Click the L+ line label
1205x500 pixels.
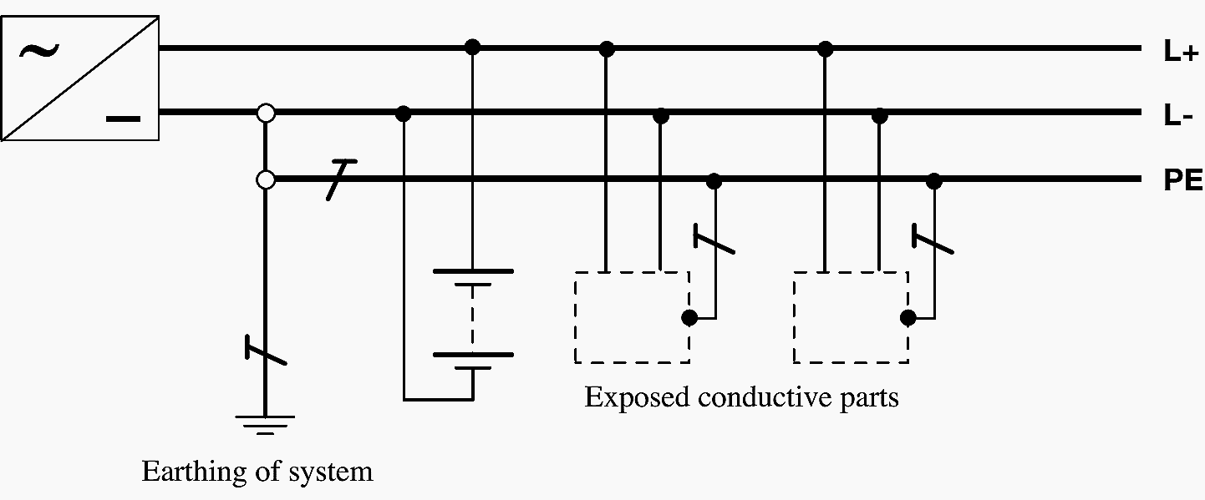1181,52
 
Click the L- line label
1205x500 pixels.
1177,117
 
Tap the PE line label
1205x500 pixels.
1182,181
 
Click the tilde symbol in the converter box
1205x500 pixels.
38,52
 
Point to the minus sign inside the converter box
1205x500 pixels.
123,119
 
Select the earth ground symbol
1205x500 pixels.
265,424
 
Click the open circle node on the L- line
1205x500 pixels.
266,113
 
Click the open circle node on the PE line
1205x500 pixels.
266,179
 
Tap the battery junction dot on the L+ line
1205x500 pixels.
472,47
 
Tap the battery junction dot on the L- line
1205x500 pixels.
403,113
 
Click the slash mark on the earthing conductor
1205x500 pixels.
266,350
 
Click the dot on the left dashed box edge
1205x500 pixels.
689,317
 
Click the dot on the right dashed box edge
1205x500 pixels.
908,317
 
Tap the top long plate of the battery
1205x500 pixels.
472,271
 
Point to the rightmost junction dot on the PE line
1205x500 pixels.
934,179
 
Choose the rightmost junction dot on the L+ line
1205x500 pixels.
826,48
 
